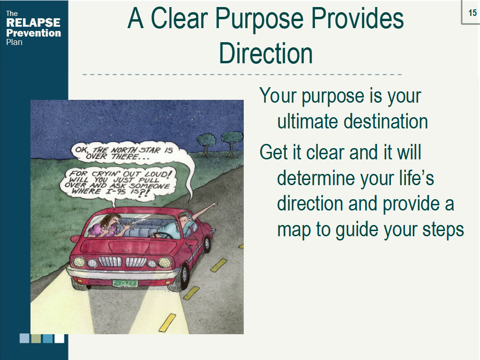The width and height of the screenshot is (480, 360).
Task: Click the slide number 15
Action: [472, 12]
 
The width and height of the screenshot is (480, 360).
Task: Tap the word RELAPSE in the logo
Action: [33, 23]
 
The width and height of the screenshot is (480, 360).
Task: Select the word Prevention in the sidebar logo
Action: [33, 33]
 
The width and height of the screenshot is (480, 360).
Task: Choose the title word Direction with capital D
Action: [265, 53]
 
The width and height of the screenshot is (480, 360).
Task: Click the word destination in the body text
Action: [386, 121]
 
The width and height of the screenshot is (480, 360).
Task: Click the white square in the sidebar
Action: [60, 338]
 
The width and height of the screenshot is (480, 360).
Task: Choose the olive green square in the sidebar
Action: [36, 338]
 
